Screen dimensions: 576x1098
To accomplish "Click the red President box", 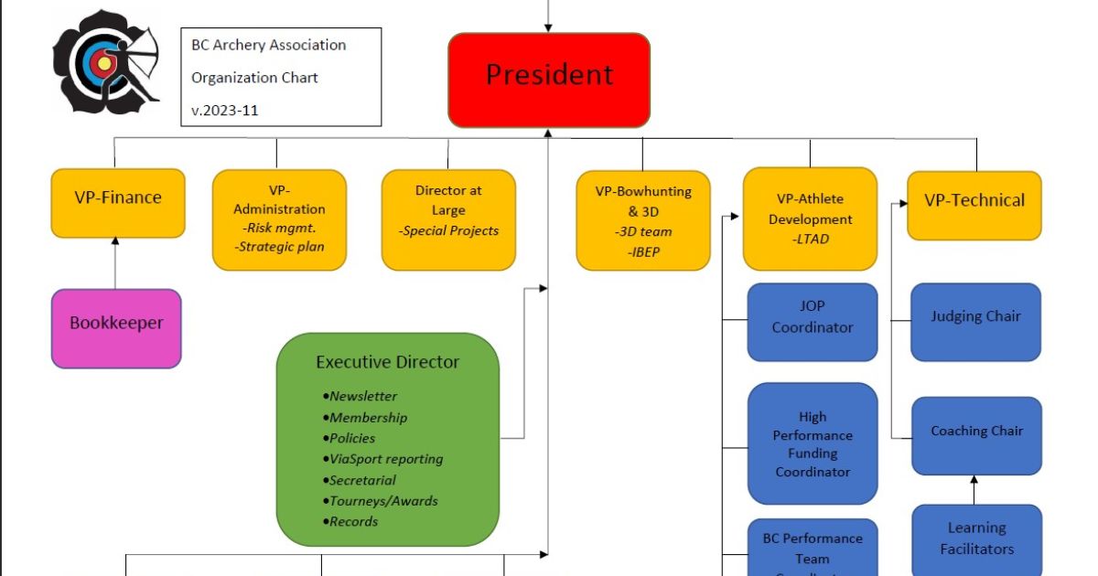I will [549, 80].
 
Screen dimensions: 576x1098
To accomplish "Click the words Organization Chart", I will [254, 78].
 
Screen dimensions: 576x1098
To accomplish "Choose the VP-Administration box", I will [279, 219].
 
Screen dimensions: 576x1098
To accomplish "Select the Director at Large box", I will [448, 219].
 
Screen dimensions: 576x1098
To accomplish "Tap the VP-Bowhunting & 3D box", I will [643, 220].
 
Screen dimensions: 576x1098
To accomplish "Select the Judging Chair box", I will [975, 321].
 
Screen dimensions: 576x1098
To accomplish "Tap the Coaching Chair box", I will [976, 435].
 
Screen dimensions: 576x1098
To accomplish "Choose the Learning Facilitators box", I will [976, 539].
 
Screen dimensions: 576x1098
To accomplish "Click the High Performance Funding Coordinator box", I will [813, 443].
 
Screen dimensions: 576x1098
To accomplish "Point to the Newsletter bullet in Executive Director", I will [363, 397].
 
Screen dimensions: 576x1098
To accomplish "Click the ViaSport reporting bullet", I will [385, 459].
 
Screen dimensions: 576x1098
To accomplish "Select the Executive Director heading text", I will [388, 362].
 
